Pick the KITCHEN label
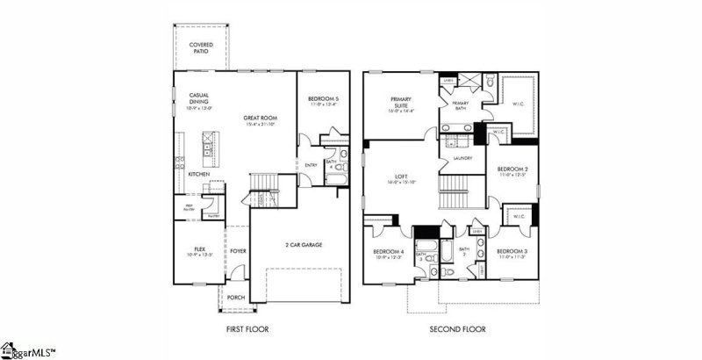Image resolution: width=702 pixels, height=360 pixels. [x=198, y=174]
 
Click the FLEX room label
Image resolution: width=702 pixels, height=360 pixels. [x=198, y=249]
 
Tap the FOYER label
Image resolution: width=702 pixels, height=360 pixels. [x=239, y=250]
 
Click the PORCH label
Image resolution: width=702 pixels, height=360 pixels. [x=236, y=298]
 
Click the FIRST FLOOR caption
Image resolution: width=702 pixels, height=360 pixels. [x=245, y=329]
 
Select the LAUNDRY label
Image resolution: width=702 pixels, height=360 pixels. [x=462, y=158]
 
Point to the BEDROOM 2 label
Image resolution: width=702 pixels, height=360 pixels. [x=512, y=169]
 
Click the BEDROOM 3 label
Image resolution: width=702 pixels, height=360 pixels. [x=512, y=252]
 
